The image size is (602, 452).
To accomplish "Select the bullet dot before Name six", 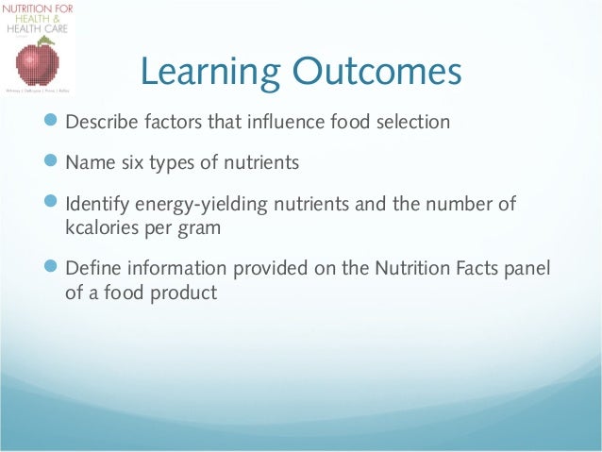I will pyautogui.click(x=52, y=162).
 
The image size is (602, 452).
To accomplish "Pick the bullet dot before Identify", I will pyautogui.click(x=52, y=203).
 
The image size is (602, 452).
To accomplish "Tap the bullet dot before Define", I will pyautogui.click(x=52, y=267).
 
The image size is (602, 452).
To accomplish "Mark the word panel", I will pyautogui.click(x=526, y=268).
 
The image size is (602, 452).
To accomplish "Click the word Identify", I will pyautogui.click(x=97, y=205).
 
